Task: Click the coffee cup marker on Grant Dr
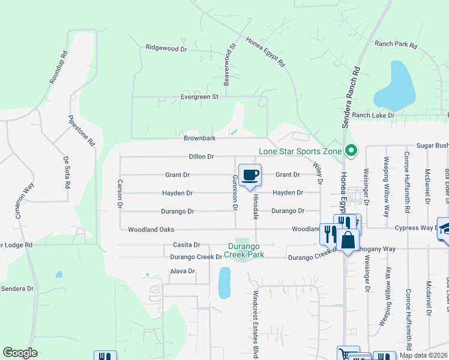(x=250, y=175)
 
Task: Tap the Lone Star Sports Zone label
(x=300, y=151)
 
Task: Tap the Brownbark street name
(x=199, y=138)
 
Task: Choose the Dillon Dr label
(x=201, y=157)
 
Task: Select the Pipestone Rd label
(x=82, y=131)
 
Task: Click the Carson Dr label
(x=121, y=194)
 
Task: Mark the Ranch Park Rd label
(x=395, y=44)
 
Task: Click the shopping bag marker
(x=348, y=241)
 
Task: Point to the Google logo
(x=20, y=353)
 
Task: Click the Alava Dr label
(x=182, y=271)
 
